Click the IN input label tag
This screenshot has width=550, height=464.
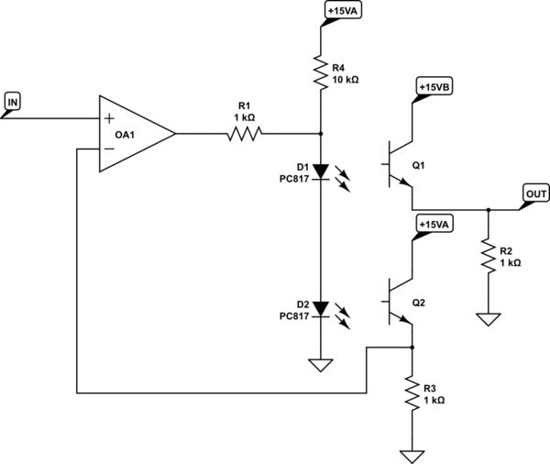[13, 101]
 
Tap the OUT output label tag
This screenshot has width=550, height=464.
[535, 193]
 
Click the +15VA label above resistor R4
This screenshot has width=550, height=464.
[342, 12]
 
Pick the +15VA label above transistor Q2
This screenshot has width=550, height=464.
[434, 225]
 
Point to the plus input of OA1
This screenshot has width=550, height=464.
[110, 118]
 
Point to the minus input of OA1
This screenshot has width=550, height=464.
[110, 148]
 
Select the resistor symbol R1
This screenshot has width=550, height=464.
[243, 134]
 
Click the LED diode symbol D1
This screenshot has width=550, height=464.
[321, 171]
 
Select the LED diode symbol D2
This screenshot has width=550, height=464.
[321, 307]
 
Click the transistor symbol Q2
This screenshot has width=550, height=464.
[398, 300]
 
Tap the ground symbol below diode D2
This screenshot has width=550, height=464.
[321, 365]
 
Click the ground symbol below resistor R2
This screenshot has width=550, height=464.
[488, 319]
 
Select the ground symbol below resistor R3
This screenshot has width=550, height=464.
[412, 455]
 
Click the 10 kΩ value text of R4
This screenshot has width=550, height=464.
[346, 80]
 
